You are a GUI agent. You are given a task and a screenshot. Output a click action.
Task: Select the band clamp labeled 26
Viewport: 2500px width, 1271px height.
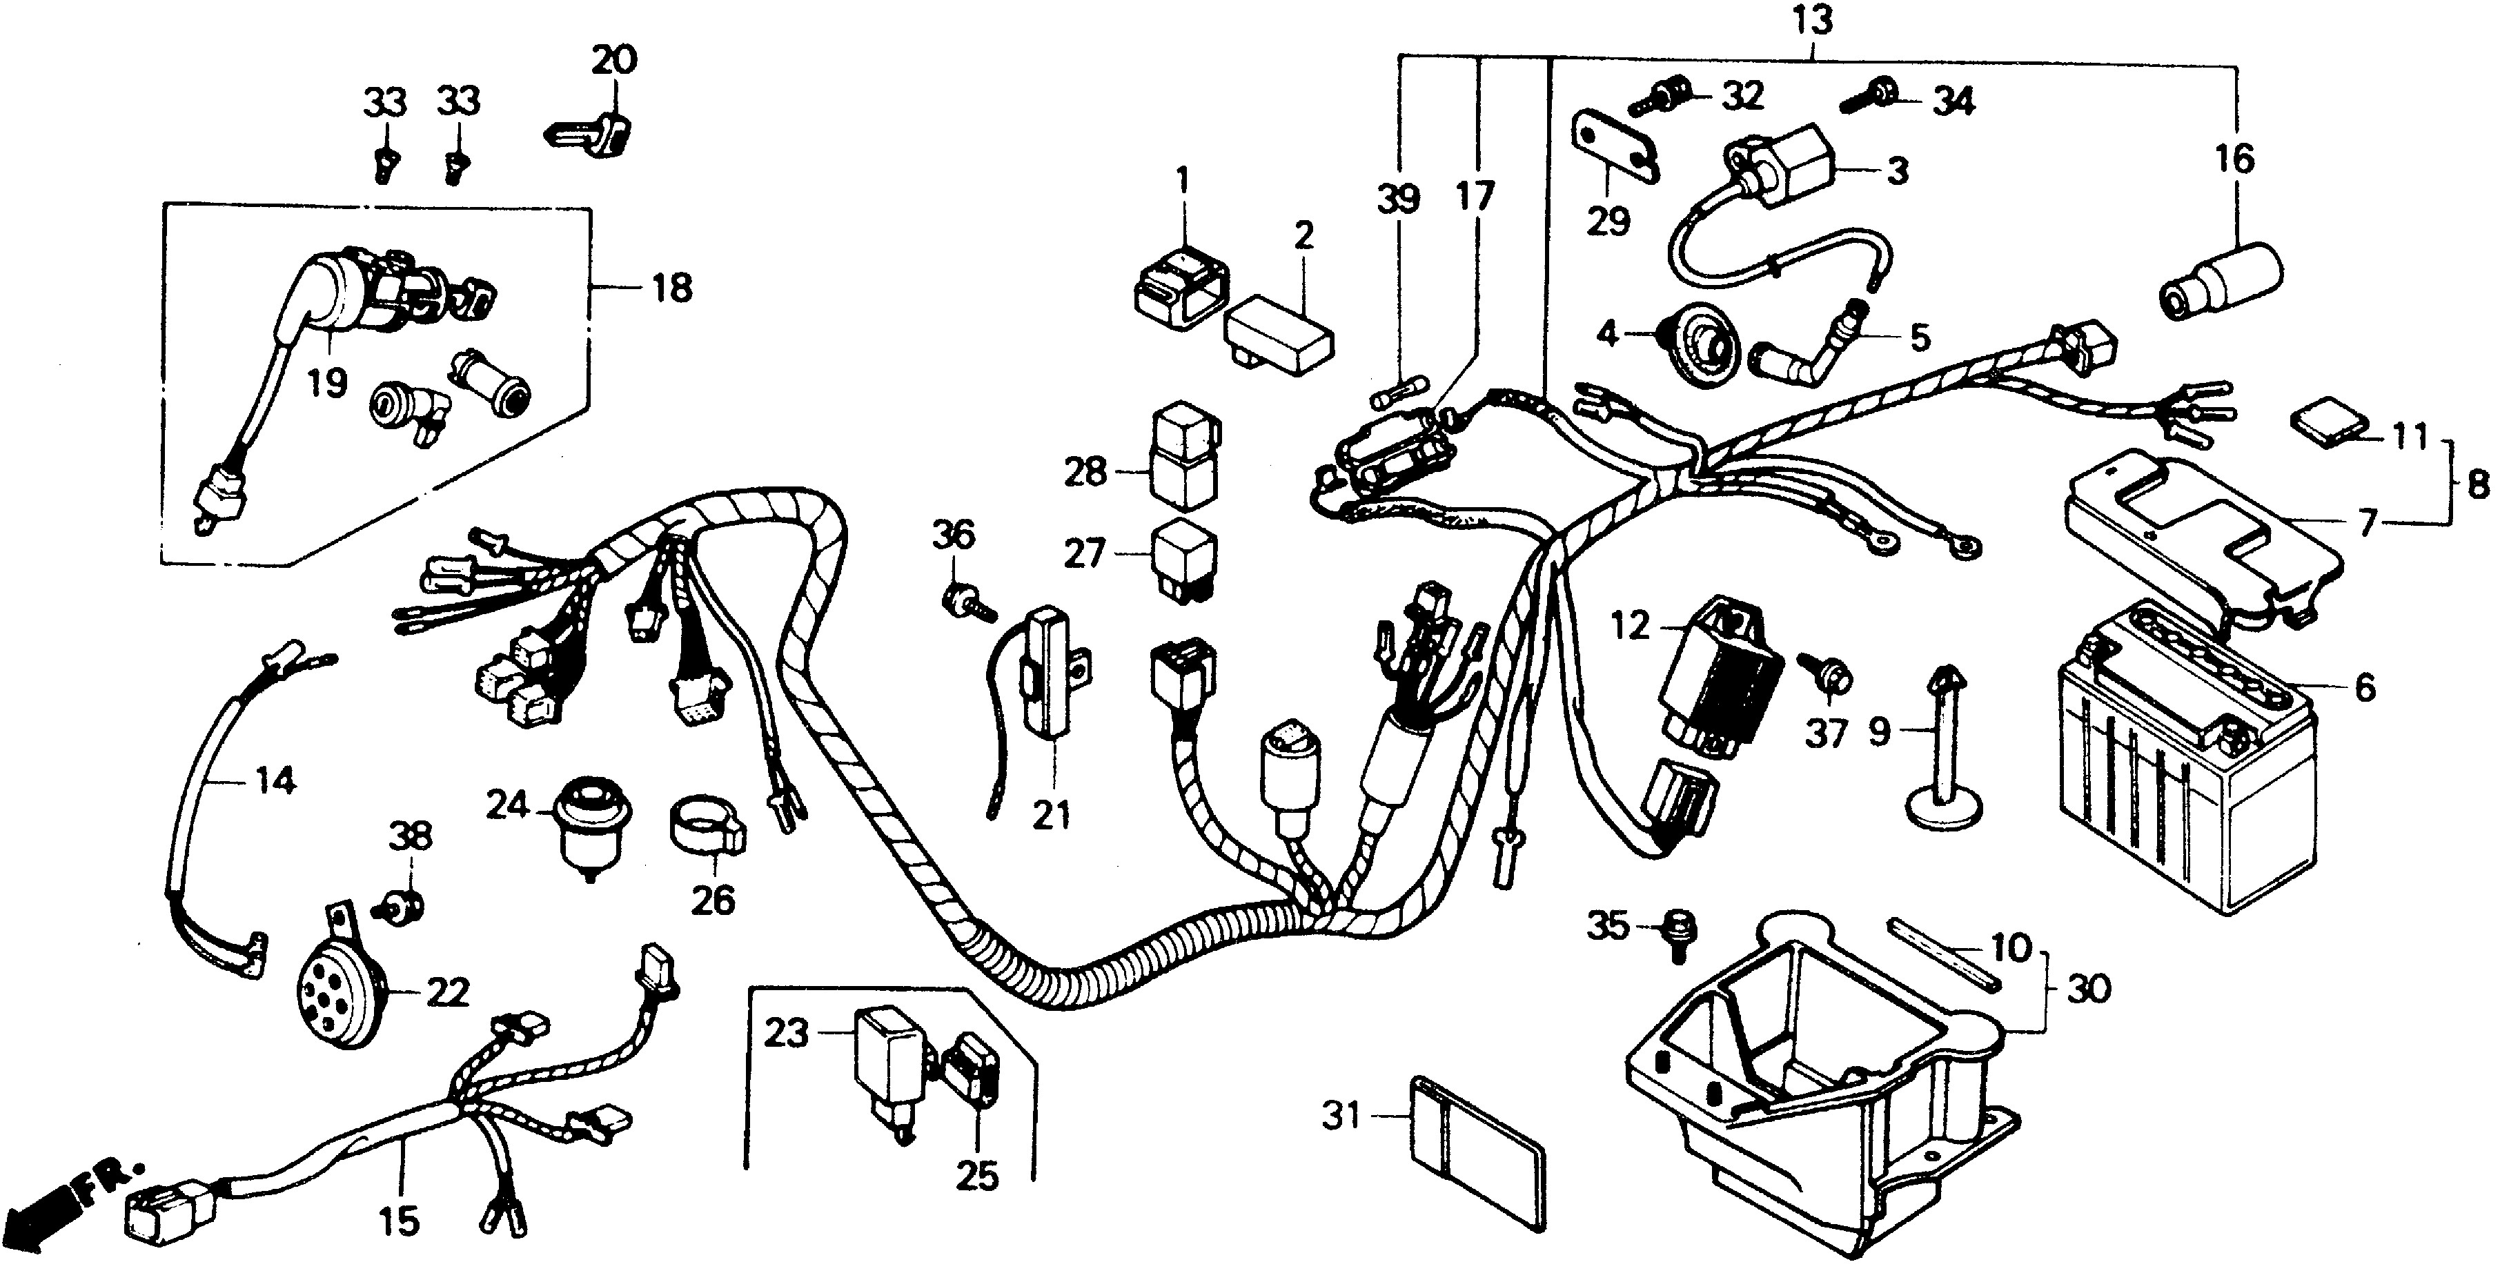[707, 827]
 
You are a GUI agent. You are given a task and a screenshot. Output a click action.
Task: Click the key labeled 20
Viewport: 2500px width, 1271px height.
[593, 132]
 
